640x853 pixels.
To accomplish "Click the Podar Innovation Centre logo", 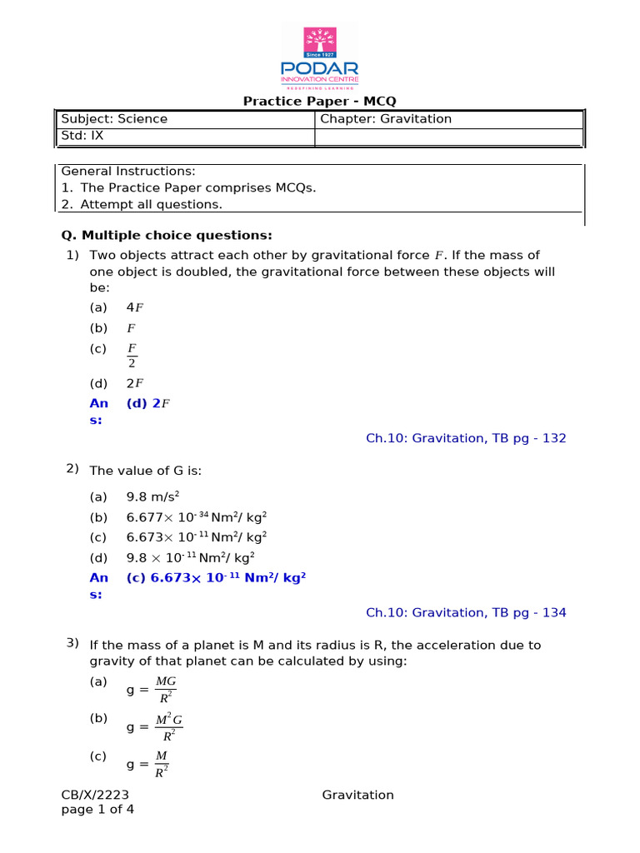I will point(320,57).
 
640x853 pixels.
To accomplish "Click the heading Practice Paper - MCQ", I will point(319,102).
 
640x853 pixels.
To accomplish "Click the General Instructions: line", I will point(128,171).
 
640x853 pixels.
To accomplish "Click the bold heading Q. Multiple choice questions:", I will point(167,235).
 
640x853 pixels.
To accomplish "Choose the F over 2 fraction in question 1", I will point(132,355).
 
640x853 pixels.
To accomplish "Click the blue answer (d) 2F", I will point(148,404).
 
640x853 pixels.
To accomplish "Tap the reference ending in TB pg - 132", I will point(466,438).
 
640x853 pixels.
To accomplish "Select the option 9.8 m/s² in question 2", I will point(152,496).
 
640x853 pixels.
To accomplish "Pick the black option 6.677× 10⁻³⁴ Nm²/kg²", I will point(196,517).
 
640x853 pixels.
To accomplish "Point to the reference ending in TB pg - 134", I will point(466,613).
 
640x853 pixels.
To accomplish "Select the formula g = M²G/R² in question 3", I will point(154,726).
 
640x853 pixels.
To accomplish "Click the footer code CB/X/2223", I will point(96,795).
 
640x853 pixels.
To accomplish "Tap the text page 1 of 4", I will point(97,810).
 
